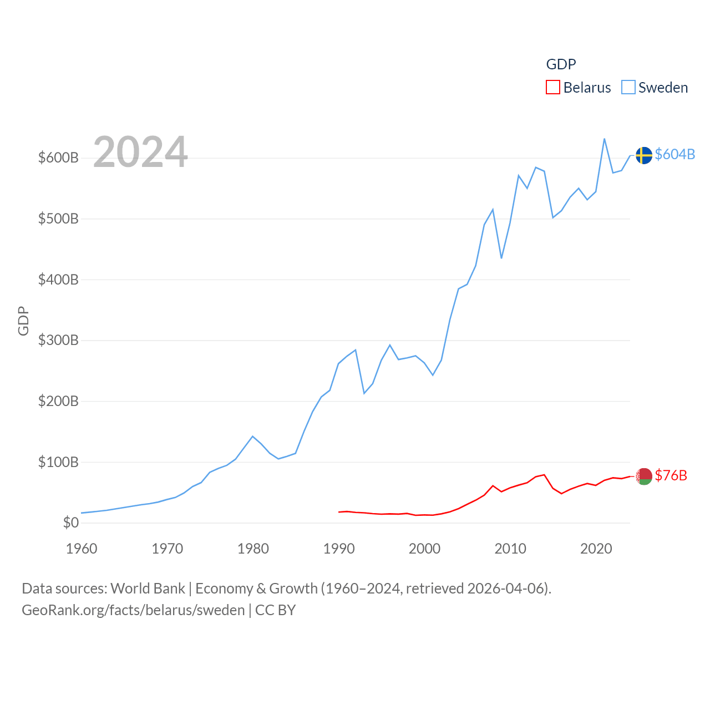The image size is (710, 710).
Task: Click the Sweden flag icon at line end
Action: [643, 155]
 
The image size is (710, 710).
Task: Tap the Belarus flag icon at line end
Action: [643, 476]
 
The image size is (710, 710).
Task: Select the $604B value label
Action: [674, 154]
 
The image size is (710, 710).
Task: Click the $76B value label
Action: [671, 475]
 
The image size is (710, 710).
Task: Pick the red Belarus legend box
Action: [553, 88]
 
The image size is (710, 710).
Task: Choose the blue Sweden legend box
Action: [628, 88]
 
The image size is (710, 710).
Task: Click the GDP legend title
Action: [561, 64]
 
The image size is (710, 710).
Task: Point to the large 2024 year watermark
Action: [140, 151]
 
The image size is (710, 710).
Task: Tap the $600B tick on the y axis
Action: [58, 158]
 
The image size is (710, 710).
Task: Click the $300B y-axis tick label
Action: [58, 340]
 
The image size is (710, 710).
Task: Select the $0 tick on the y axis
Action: [70, 523]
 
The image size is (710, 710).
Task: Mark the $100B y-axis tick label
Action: [58, 461]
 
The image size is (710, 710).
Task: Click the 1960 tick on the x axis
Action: [82, 549]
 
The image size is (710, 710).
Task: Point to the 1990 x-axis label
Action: [339, 549]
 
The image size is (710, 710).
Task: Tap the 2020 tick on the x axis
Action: [596, 549]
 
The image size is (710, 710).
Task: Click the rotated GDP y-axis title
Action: [23, 321]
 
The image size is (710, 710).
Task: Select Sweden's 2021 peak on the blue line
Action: [604, 139]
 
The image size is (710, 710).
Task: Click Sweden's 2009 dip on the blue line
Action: [501, 258]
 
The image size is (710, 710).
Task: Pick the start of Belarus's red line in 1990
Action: [339, 512]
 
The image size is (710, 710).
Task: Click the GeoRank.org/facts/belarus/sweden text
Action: [133, 610]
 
